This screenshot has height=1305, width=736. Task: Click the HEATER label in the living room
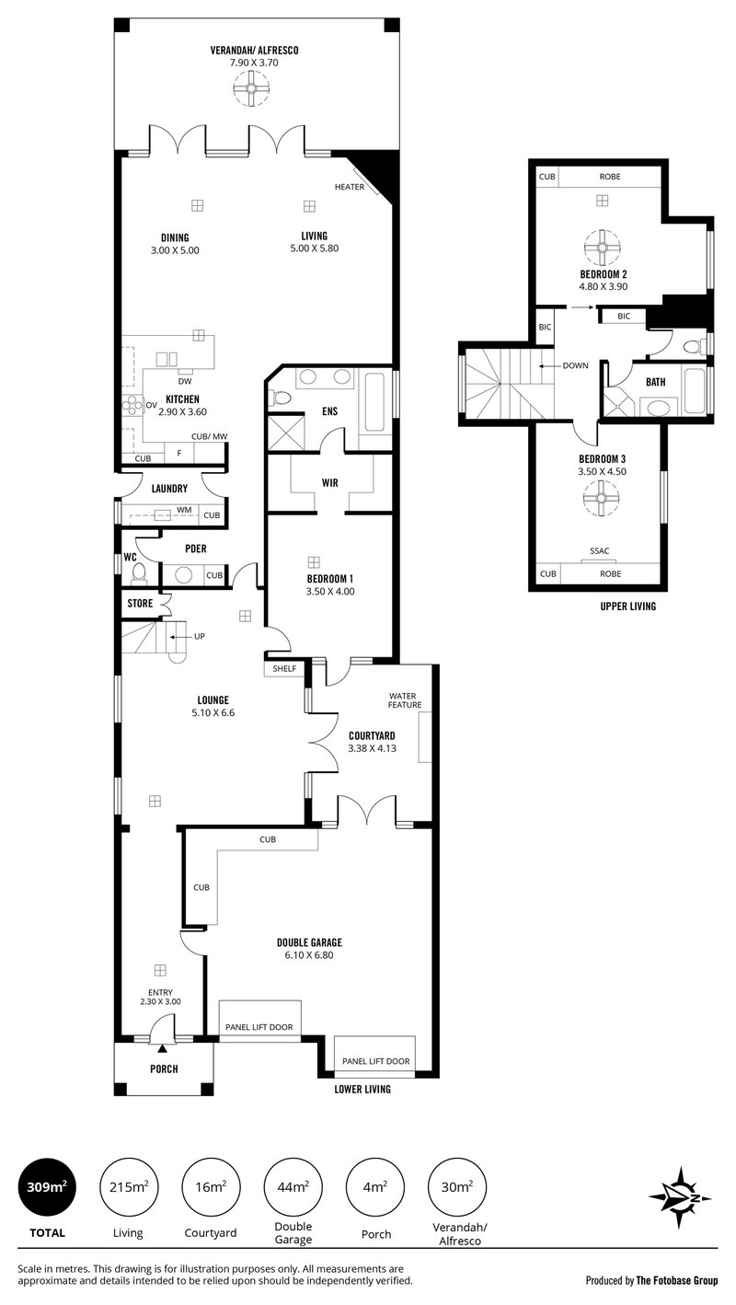350,187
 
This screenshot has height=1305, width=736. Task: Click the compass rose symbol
682,1197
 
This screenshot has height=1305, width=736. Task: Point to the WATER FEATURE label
405,700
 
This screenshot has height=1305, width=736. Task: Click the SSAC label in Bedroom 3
600,551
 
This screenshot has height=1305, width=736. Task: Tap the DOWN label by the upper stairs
576,365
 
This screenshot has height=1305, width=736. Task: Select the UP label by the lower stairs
200,636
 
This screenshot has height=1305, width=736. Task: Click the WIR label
330,482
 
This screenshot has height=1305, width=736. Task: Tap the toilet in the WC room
139,574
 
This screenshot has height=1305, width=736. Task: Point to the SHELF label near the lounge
284,668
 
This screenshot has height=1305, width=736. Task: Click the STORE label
140,604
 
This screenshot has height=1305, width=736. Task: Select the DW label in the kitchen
184,382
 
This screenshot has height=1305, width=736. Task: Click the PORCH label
164,1068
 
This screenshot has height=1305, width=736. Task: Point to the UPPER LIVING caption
627,607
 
